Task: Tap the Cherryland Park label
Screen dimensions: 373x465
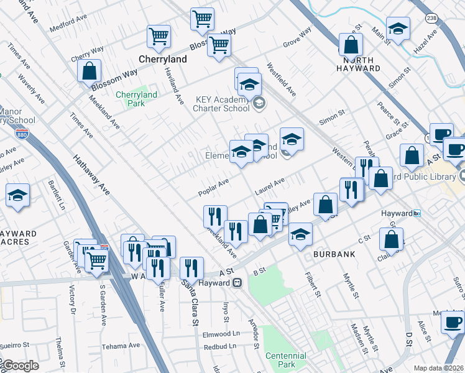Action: tap(136, 99)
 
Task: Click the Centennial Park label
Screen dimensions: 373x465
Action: tap(285, 360)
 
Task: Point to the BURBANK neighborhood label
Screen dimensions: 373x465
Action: tap(334, 254)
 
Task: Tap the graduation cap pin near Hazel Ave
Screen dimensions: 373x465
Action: tap(398, 29)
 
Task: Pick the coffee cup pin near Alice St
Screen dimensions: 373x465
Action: tap(452, 323)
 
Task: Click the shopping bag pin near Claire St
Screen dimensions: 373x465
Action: tap(391, 238)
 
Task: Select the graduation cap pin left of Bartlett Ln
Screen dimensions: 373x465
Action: tap(18, 195)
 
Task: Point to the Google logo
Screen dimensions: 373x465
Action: tap(21, 366)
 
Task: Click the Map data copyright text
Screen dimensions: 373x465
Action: tap(439, 368)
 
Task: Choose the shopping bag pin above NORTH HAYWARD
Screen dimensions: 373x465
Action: tap(351, 45)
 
